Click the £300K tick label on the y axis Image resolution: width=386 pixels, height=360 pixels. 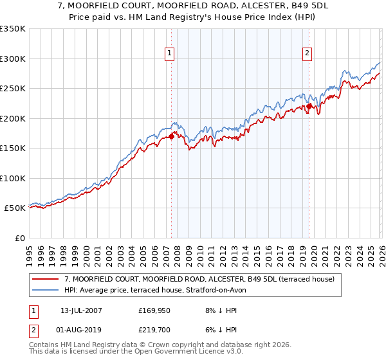pyautogui.click(x=13, y=59)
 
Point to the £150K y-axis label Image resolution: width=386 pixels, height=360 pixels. pyautogui.click(x=13, y=148)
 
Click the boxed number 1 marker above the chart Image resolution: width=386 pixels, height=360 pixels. pyautogui.click(x=170, y=53)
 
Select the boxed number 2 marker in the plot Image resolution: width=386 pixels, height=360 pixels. pyautogui.click(x=308, y=53)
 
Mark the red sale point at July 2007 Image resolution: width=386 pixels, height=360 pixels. pyautogui.click(x=172, y=136)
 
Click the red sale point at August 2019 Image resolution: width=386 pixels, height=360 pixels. pyautogui.click(x=309, y=107)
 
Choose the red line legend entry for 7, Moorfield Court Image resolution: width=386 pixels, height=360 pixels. pyautogui.click(x=199, y=280)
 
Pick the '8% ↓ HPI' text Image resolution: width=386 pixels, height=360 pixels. pyautogui.click(x=218, y=310)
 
